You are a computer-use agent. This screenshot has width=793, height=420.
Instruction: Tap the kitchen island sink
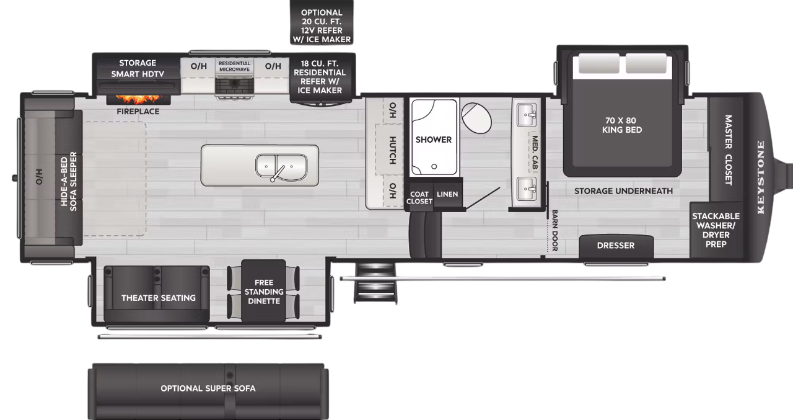[x=281, y=166]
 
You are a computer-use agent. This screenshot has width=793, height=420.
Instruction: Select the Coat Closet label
[x=419, y=197]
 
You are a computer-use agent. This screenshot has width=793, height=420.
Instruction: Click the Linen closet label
[x=447, y=195]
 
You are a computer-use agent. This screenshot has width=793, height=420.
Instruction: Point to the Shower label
[x=434, y=140]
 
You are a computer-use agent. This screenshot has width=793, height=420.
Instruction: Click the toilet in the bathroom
[x=475, y=117]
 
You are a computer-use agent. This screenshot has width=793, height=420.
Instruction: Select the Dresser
[x=616, y=246]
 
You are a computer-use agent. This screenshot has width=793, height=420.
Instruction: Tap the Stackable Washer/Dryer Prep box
[x=716, y=230]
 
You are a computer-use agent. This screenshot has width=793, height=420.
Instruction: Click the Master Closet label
[x=728, y=150]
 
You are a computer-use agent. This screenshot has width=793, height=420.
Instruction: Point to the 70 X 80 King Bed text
[x=622, y=125]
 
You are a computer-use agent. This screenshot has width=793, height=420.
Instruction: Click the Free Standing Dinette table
[x=263, y=292]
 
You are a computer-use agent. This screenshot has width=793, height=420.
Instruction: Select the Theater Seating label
[x=158, y=298]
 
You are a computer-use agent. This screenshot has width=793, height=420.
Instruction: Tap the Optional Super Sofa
[x=208, y=389]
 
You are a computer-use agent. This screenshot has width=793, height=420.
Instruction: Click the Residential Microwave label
[x=234, y=66]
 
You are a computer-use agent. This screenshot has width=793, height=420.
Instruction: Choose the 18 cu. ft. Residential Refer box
[x=322, y=77]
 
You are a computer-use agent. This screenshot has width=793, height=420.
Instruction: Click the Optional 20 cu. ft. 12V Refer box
[x=322, y=26]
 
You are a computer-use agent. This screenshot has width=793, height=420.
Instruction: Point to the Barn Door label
[x=554, y=230]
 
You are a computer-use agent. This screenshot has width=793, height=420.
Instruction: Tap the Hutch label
[x=392, y=150]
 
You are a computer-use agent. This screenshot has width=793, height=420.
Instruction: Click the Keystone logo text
[x=761, y=177]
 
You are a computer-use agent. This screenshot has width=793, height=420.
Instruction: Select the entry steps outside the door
[x=376, y=282]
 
